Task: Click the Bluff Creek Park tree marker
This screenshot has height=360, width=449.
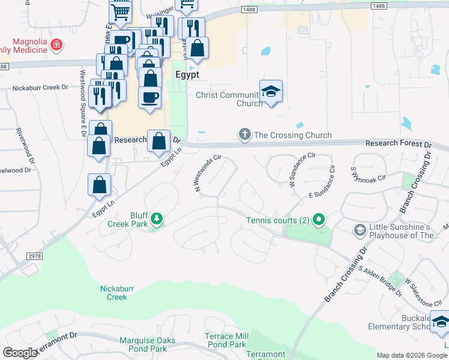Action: point(156,218)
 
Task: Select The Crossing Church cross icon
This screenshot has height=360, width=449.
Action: point(244,134)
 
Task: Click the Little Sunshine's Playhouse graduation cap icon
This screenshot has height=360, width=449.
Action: point(360,230)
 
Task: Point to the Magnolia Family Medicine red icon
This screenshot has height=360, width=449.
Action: point(56,44)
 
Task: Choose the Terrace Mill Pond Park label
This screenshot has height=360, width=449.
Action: point(226,340)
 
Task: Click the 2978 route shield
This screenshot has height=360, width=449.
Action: point(34,256)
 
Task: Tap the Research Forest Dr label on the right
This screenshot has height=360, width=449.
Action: point(399,145)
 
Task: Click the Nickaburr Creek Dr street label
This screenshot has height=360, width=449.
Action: point(40,88)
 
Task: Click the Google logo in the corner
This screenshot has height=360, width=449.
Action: point(20,353)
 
